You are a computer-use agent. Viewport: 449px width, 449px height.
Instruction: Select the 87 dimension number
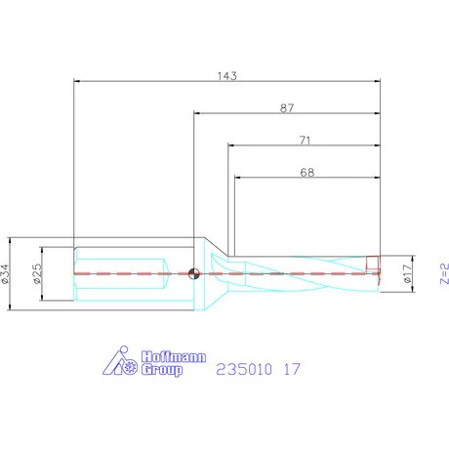[286, 109]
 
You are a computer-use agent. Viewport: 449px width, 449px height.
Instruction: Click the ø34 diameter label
[9, 273]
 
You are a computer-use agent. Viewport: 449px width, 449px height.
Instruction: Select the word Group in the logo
[161, 370]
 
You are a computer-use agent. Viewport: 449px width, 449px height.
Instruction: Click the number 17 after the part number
[291, 369]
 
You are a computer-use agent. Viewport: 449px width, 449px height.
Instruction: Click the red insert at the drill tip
[372, 263]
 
